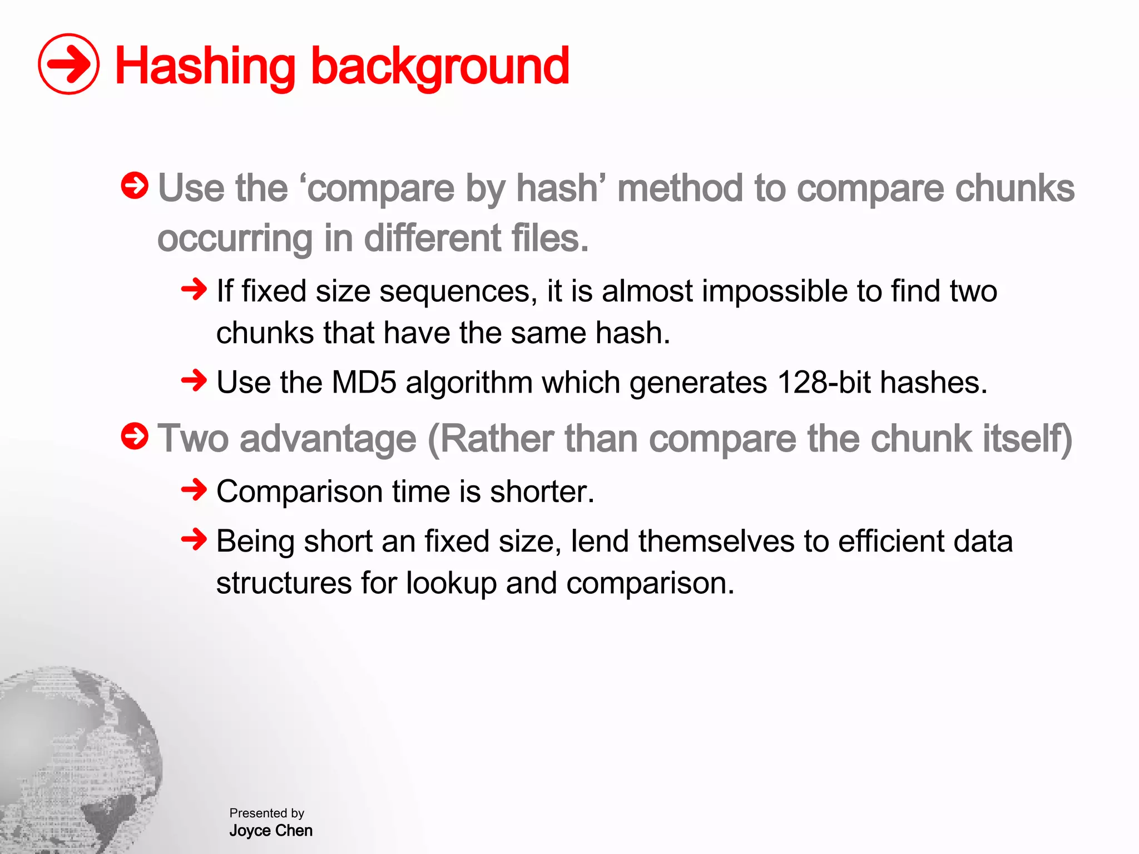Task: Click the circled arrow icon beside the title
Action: (68, 64)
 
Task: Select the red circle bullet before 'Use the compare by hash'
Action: (135, 186)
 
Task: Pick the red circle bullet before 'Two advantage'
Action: (135, 436)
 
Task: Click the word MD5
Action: (364, 383)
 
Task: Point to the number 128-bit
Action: (824, 383)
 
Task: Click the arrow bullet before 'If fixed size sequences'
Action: (194, 289)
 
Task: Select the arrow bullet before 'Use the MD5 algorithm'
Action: (194, 381)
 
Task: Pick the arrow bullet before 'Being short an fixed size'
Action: (194, 539)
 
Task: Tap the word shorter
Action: (542, 492)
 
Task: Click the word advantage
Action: (328, 439)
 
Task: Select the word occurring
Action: (235, 239)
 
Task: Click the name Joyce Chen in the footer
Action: (271, 831)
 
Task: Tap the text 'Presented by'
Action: (267, 813)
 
